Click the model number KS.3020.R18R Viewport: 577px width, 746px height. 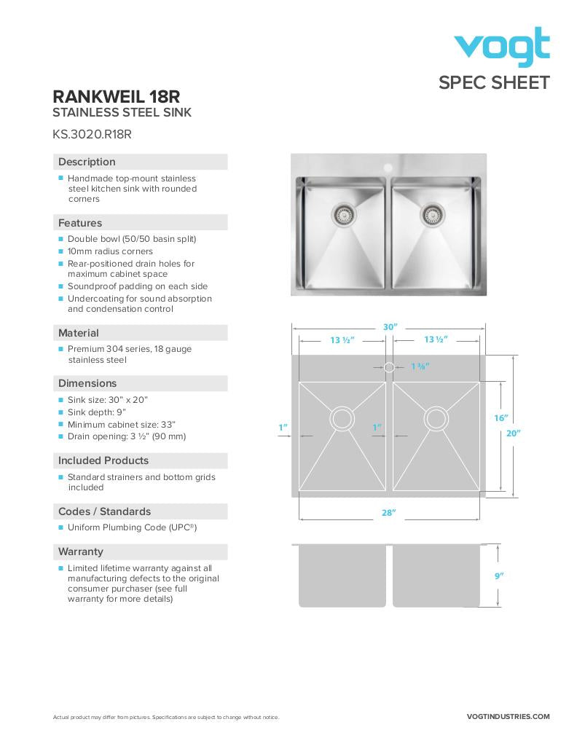point(92,134)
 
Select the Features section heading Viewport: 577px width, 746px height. point(80,223)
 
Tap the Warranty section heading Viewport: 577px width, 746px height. point(81,551)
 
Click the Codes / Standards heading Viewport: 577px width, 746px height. point(104,511)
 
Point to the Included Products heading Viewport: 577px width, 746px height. point(103,460)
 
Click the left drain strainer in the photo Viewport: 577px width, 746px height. point(342,214)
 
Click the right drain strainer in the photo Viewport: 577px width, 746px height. point(433,214)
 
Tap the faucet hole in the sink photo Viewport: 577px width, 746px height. point(388,168)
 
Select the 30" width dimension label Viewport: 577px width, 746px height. point(390,327)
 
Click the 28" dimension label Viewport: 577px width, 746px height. point(389,513)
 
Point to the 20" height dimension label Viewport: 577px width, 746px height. point(514,433)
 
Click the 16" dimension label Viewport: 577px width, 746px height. point(501,418)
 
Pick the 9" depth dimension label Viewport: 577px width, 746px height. point(499,576)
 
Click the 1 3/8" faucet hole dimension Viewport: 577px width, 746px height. point(420,366)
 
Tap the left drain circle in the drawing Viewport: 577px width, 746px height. point(342,418)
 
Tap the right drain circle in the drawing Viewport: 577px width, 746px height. point(436,418)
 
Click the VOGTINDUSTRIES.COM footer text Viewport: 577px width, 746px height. point(508,717)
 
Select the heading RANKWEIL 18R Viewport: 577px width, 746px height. point(117,97)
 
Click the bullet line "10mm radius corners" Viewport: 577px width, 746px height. point(110,251)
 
